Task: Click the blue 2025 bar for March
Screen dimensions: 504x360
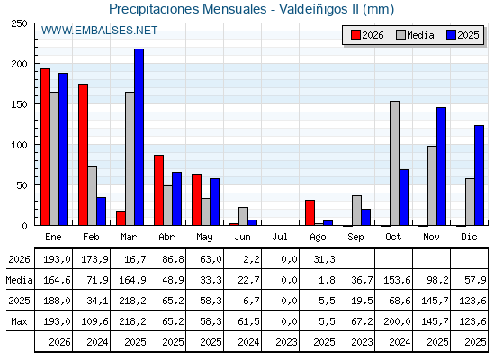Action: [x=139, y=137]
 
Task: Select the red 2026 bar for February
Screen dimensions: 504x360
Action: [x=83, y=155]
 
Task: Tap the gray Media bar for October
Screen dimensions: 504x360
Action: [x=395, y=163]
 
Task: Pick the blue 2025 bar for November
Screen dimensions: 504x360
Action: [x=441, y=166]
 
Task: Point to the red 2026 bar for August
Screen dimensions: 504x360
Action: [x=310, y=212]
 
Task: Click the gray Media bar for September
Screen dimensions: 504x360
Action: [x=356, y=211]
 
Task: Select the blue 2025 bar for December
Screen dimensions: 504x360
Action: [x=479, y=175]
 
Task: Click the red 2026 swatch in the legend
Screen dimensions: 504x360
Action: [x=355, y=35]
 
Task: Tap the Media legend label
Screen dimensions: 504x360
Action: [x=420, y=35]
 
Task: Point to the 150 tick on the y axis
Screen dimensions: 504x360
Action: [x=36, y=104]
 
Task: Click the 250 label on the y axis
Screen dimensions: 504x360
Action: [x=19, y=23]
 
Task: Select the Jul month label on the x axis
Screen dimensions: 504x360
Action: [x=280, y=238]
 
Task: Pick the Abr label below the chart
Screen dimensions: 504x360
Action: [x=166, y=238]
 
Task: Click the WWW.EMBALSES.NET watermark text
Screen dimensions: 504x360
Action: [x=99, y=31]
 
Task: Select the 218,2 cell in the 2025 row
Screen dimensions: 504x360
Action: [x=133, y=301]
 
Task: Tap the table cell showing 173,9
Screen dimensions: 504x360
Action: [x=94, y=259]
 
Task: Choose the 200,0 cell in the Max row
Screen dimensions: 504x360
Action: [x=397, y=321]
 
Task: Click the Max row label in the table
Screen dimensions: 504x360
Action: [x=19, y=321]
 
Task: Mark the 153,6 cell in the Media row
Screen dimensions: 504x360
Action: [x=397, y=280]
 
